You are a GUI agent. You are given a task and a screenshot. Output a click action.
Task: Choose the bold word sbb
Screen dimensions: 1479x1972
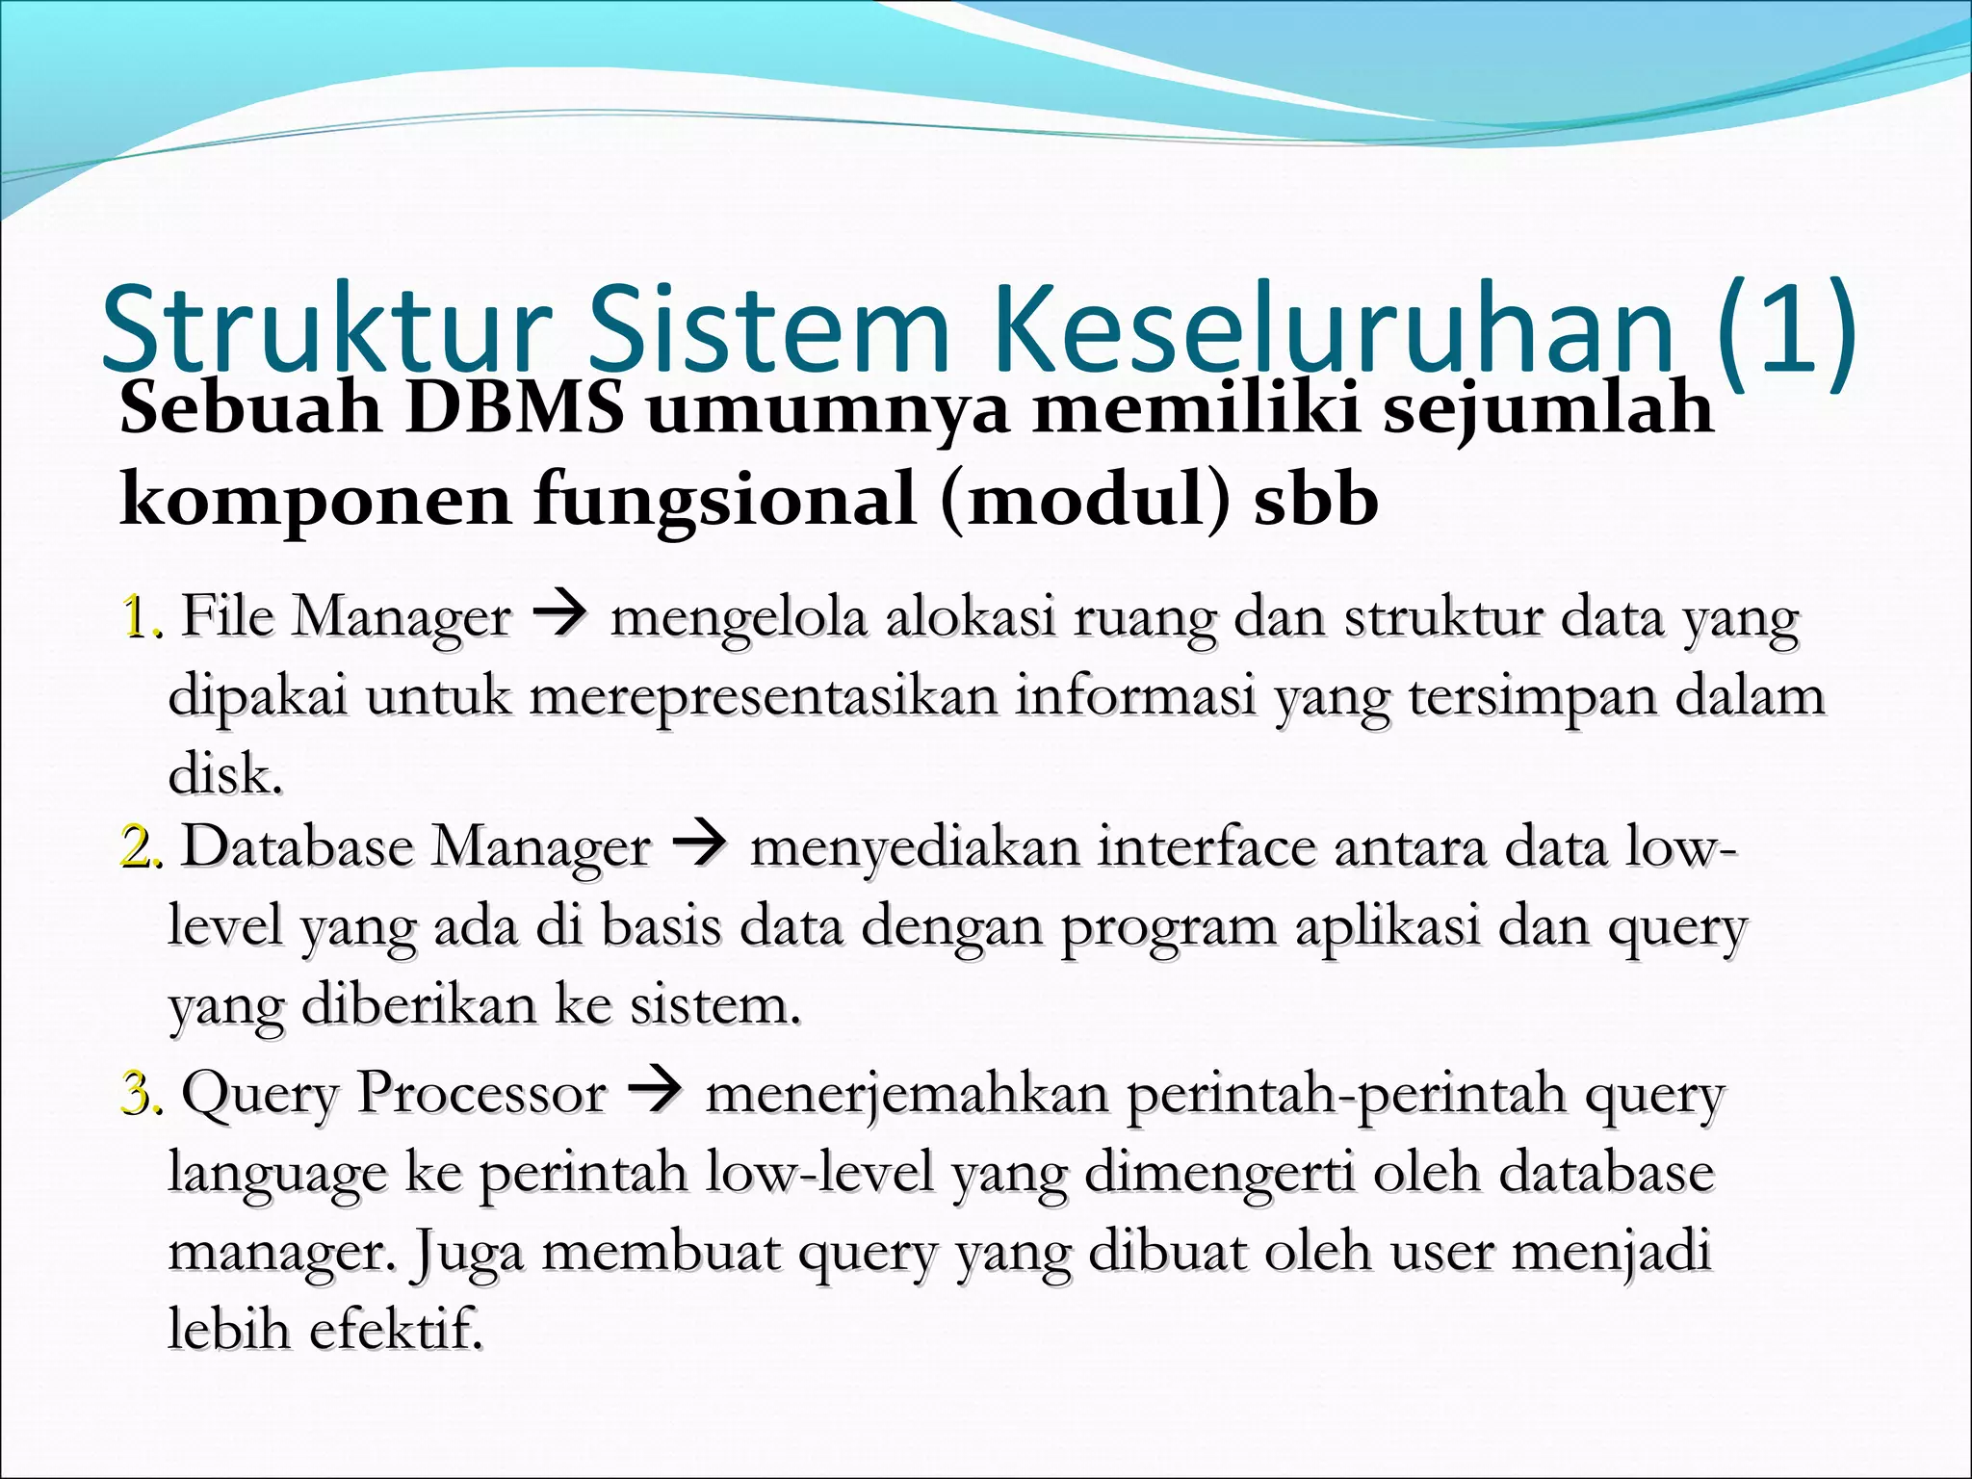coord(1315,501)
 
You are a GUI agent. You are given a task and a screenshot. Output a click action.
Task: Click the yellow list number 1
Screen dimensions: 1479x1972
coord(135,617)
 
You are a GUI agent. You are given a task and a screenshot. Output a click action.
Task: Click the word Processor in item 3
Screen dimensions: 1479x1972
coord(481,1094)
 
